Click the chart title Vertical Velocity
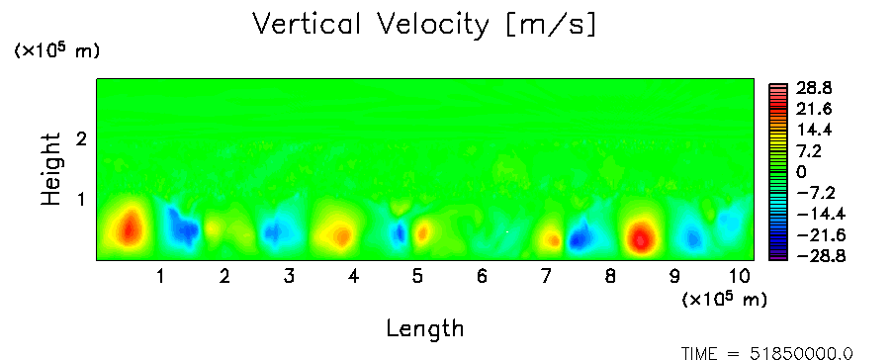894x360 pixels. coord(371,25)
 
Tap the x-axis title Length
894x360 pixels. coord(425,329)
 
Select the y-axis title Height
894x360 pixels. coord(50,169)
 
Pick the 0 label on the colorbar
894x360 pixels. coord(801,172)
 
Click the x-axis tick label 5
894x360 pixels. coord(417,277)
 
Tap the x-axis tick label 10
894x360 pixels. coord(740,277)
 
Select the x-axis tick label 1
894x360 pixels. coord(161,277)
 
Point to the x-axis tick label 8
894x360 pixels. coord(610,277)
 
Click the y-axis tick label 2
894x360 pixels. coord(81,138)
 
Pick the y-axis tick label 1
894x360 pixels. coord(81,200)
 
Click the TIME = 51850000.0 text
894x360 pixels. coord(766,354)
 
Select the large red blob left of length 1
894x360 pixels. coord(130,228)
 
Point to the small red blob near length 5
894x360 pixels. coord(422,232)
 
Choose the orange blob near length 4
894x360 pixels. coord(341,235)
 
